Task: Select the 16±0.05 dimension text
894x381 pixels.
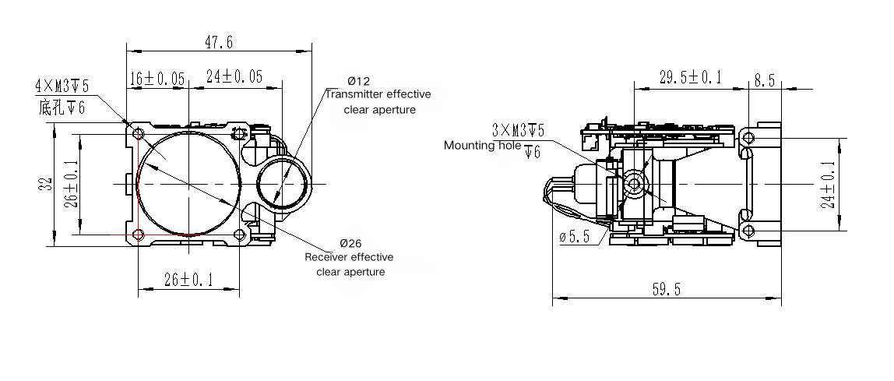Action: (157, 77)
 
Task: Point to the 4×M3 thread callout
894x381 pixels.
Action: (62, 85)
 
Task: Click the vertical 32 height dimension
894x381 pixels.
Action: (44, 185)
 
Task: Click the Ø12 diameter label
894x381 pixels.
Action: (358, 81)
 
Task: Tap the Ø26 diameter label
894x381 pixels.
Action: (350, 242)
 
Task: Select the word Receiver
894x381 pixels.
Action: (326, 257)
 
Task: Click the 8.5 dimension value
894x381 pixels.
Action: (765, 79)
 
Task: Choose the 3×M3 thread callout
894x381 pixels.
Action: (518, 128)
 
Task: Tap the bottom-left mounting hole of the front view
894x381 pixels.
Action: (139, 235)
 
